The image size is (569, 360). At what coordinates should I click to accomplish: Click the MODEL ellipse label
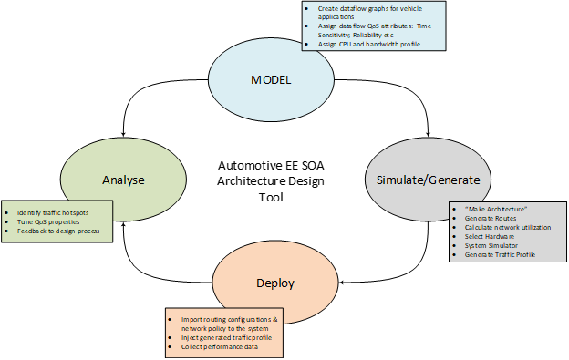pos(270,80)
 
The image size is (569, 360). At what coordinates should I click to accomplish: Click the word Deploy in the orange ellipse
pos(274,283)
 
